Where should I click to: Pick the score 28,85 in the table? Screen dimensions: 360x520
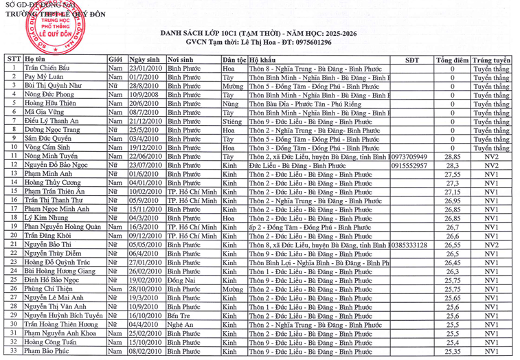pos(452,157)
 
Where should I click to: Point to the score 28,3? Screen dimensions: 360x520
pos(452,166)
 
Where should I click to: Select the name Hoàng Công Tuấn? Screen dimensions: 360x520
pos(52,342)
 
